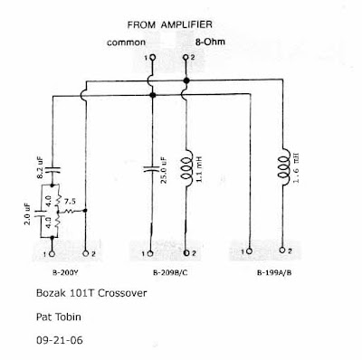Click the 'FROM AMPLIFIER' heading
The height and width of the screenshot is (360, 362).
169,24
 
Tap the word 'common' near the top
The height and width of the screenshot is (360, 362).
126,43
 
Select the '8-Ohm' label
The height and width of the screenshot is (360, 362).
210,42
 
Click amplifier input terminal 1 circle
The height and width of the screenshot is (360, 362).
153,57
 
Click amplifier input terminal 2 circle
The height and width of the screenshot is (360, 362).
186,57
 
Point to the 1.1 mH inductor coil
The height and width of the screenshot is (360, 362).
187,168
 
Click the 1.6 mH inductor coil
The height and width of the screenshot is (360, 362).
284,166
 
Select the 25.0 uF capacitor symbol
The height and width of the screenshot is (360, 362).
151,168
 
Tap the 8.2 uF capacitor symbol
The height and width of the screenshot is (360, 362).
52,169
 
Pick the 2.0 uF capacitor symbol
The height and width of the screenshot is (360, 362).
40,213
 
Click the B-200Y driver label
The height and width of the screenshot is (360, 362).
65,273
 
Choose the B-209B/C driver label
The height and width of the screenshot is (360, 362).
170,273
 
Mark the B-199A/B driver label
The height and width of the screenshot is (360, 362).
274,273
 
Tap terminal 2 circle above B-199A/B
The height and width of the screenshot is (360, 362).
282,250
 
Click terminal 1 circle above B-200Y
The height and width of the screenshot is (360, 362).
52,254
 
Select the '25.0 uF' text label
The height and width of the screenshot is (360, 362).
164,170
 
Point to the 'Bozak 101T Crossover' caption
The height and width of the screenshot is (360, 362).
91,293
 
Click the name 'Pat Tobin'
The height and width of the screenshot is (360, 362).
59,317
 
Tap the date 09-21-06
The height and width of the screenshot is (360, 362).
60,340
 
